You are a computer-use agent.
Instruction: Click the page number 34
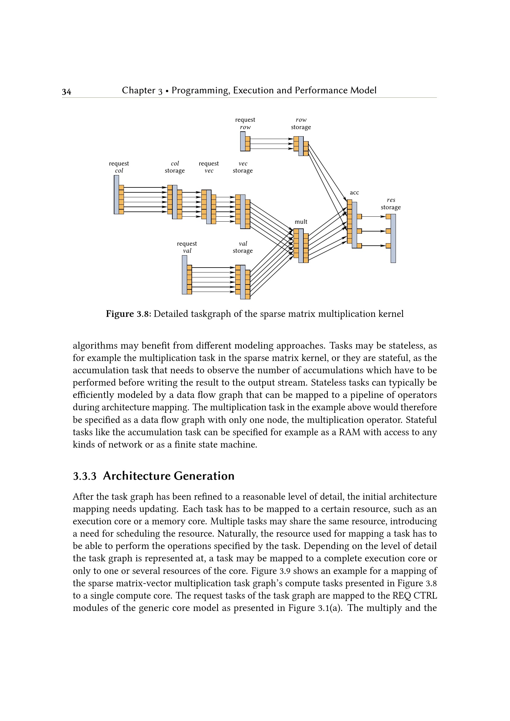(66, 92)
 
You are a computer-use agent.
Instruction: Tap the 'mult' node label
(301, 222)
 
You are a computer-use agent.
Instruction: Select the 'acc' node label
(354, 192)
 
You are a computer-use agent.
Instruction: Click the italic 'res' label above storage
(391, 200)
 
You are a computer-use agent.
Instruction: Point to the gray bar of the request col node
(116, 195)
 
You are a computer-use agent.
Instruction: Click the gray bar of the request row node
(242, 141)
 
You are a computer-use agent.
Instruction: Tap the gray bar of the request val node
(184, 274)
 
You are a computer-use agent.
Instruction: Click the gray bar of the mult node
(301, 246)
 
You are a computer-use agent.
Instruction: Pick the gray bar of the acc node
(354, 225)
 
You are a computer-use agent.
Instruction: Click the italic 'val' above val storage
(243, 244)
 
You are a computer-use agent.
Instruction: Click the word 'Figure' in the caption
(120, 314)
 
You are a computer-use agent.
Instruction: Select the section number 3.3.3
(84, 476)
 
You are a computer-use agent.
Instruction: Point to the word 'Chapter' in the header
(138, 90)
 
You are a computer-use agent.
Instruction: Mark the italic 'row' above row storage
(301, 120)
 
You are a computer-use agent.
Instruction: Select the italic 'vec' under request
(209, 170)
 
